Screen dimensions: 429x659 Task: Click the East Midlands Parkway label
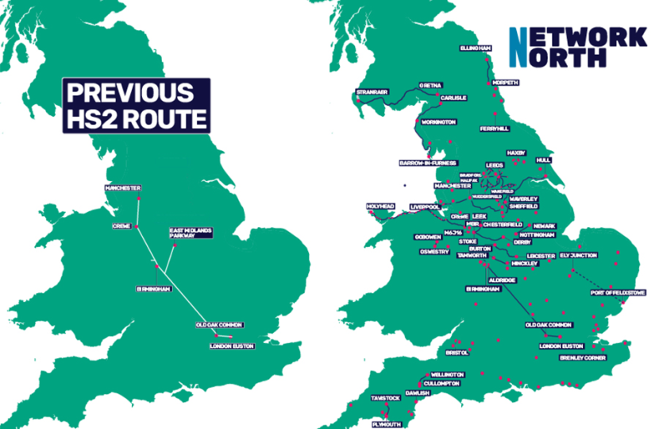[x=191, y=234]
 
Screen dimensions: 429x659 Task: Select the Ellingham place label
[x=476, y=48]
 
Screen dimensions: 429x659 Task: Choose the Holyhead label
[x=380, y=207]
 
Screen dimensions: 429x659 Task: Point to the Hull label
[x=543, y=160]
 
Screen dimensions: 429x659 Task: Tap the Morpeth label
[x=505, y=83]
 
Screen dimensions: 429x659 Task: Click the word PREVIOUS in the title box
[x=129, y=92]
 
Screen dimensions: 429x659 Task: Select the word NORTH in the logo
[x=567, y=57]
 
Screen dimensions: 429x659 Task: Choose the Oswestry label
[x=434, y=252]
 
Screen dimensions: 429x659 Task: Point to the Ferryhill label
[x=495, y=128]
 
